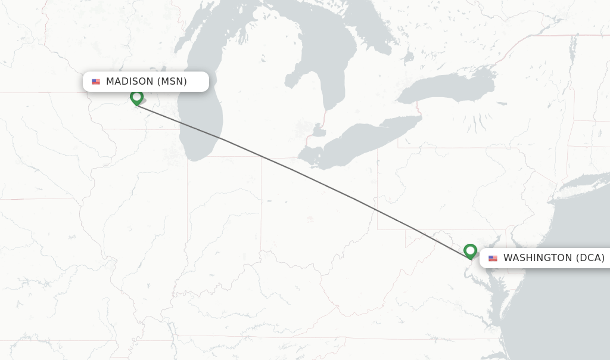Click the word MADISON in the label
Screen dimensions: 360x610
point(129,82)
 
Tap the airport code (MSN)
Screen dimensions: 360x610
point(172,82)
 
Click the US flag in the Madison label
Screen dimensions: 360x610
point(96,82)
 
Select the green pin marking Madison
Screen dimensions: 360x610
point(137,97)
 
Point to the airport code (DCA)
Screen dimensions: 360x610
point(590,258)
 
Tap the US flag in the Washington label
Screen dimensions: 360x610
point(493,258)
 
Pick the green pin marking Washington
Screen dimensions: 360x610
point(470,251)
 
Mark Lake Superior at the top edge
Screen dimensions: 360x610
point(238,6)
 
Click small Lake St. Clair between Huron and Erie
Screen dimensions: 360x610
point(319,129)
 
